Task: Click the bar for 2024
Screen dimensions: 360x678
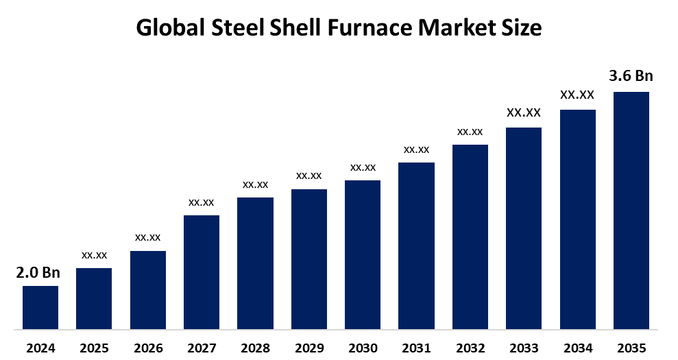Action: (x=40, y=307)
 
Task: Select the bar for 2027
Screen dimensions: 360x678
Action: (x=202, y=272)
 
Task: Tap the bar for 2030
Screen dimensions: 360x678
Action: (x=363, y=254)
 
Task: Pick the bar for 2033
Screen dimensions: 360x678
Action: (x=524, y=228)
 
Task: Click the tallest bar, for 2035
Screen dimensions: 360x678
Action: (x=631, y=210)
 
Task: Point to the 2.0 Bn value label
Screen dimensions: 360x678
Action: (x=38, y=273)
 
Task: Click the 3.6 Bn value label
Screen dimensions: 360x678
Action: (x=631, y=76)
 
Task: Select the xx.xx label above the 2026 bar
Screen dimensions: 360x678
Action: (x=147, y=237)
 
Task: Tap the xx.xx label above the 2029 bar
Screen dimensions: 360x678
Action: (x=308, y=176)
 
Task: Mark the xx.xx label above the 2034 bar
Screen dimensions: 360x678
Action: (x=577, y=95)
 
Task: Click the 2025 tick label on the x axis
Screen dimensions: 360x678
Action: (x=94, y=348)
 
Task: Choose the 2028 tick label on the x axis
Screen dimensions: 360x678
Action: (x=255, y=348)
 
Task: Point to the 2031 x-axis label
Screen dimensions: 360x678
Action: (x=416, y=348)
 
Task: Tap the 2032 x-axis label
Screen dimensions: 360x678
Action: (x=470, y=348)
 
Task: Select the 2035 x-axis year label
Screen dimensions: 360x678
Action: (x=631, y=348)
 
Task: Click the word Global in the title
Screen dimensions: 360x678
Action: (x=171, y=28)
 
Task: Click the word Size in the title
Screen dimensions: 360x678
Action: (x=522, y=28)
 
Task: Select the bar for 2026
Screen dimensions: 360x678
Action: (x=147, y=289)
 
